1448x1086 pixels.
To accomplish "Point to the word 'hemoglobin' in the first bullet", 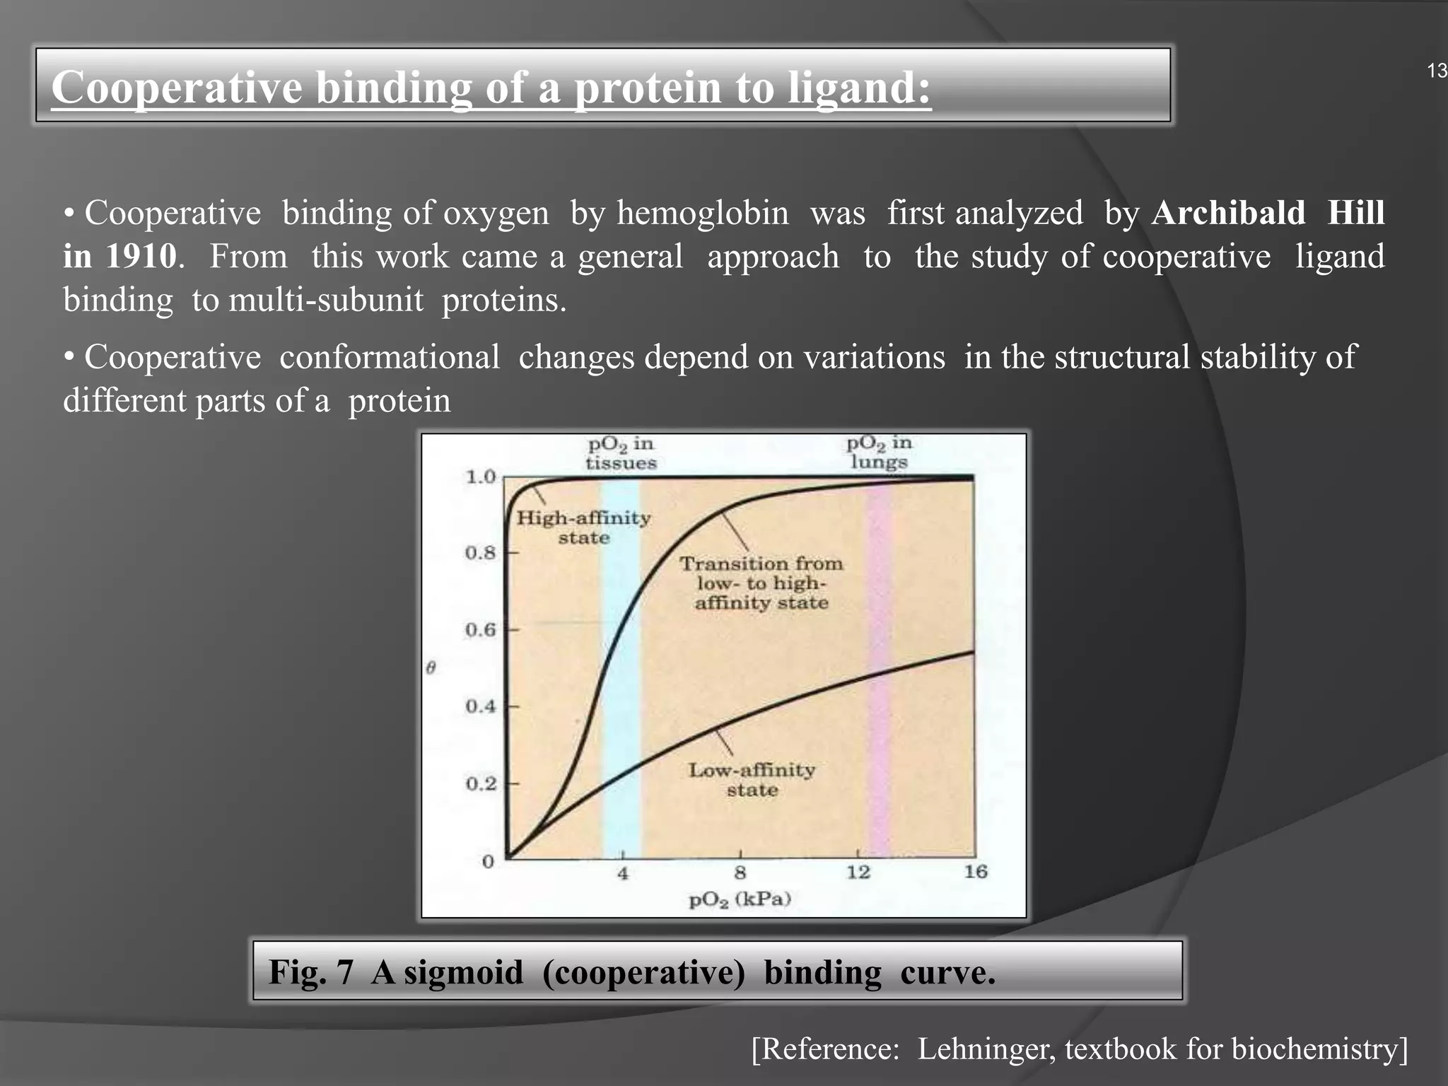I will click(702, 213).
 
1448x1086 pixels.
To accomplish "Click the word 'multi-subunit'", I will click(326, 300).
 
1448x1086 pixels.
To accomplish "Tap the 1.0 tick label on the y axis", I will click(481, 477).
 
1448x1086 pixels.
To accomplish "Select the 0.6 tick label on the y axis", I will click(481, 629).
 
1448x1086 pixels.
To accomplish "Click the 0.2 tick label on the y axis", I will click(481, 783).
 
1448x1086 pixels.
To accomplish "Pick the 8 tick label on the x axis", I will click(740, 872).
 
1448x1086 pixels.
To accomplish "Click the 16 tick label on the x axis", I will click(976, 872).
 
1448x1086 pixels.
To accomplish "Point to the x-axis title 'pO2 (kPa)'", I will click(740, 899).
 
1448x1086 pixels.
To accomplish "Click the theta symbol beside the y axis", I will click(431, 667).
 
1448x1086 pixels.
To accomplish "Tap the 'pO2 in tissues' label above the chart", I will click(621, 453).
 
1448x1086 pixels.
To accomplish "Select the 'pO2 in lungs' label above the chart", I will click(879, 452).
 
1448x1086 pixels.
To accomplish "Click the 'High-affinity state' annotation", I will click(583, 527).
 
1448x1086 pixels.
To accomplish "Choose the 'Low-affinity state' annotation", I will click(752, 779).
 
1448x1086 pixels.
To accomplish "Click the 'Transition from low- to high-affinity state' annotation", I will click(761, 583).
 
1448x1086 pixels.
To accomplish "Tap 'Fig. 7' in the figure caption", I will click(310, 972).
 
